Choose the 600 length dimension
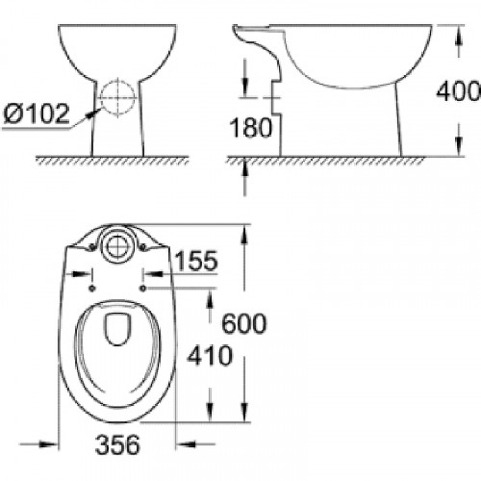(244, 323)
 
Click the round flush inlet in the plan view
(115, 244)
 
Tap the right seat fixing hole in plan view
(141, 286)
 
